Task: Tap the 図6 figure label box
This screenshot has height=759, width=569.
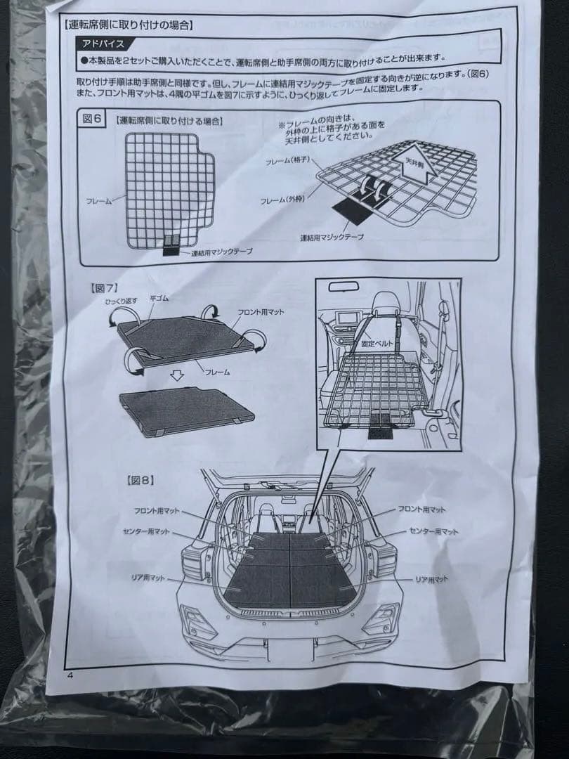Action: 93,119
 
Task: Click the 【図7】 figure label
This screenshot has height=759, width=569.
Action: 103,287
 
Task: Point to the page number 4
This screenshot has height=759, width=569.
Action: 70,675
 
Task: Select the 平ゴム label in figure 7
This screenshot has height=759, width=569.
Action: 159,299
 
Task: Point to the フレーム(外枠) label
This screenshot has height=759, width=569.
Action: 284,201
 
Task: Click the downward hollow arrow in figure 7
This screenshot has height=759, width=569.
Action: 178,376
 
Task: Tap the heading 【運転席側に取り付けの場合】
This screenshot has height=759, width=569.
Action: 128,25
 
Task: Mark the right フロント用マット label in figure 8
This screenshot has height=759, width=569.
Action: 421,509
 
